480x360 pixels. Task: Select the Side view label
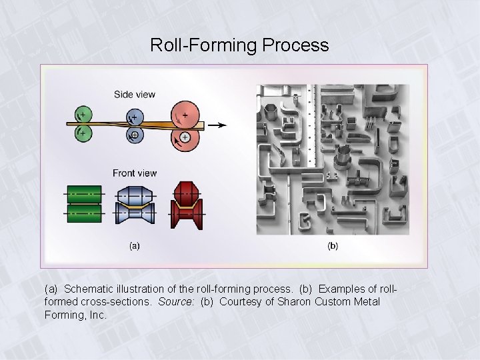134,95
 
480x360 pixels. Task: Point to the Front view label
135,173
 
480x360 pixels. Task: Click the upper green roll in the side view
84,113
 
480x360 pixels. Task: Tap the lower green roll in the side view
84,134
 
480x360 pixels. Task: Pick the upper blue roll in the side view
134,117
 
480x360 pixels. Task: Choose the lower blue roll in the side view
134,135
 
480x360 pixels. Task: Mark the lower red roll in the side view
185,137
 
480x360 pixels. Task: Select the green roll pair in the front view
85,204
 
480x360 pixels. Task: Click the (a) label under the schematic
134,246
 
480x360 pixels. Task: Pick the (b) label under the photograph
332,246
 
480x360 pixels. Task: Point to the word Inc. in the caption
97,315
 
